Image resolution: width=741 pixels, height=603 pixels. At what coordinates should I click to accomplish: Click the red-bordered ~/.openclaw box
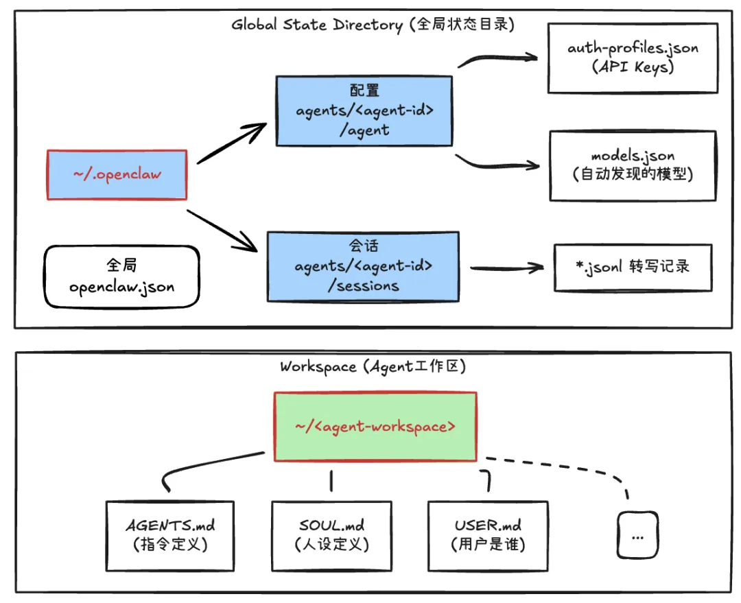pos(117,174)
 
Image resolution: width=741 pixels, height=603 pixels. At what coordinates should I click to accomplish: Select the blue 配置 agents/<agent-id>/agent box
pos(364,111)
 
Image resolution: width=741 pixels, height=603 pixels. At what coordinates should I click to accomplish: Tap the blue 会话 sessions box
pos(363,265)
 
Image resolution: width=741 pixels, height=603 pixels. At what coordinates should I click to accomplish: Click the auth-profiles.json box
pos(633,58)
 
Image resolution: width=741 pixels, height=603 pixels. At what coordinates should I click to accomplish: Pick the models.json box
pos(633,165)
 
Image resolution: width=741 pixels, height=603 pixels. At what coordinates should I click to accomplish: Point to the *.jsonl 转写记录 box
pos(633,267)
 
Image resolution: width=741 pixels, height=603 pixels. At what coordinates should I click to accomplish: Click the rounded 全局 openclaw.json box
pos(121,276)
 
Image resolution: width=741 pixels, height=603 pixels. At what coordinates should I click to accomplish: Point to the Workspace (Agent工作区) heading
pos(373,366)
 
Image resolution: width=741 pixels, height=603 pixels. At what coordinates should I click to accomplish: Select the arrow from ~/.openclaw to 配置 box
pos(231,143)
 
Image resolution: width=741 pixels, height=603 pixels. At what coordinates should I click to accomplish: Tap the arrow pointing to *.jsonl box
pos(504,268)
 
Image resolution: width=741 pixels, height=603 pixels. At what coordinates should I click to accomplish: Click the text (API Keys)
pos(632,67)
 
